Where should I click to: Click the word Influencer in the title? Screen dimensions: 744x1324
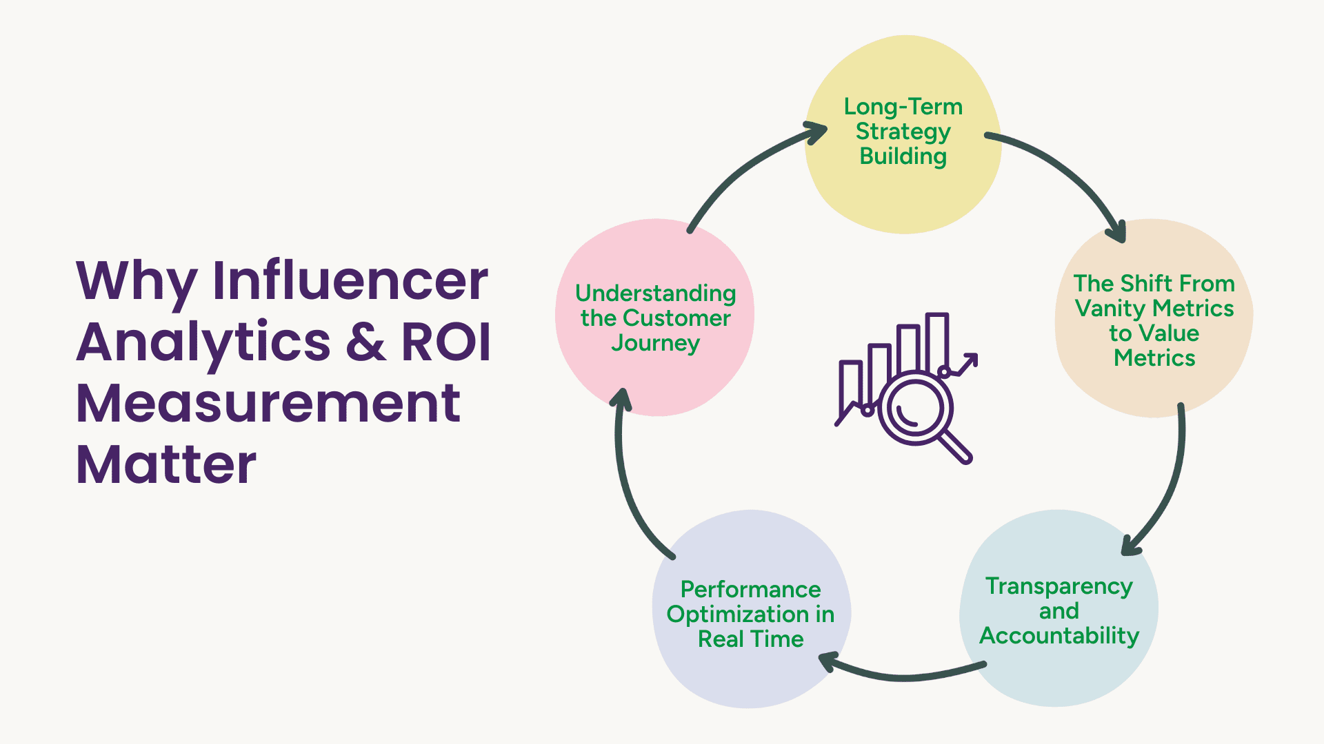tap(350, 281)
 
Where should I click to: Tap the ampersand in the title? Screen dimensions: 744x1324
tap(365, 342)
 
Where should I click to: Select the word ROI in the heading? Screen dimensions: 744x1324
tap(446, 342)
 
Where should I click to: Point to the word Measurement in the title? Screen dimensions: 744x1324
tap(268, 404)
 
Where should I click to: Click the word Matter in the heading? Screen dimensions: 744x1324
tap(166, 465)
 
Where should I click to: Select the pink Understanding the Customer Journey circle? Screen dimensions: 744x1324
tap(655, 379)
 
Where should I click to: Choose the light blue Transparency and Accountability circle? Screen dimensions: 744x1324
tap(1059, 672)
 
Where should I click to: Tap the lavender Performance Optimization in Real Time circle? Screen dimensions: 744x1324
tap(751, 675)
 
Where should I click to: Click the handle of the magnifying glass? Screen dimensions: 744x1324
tap(956, 447)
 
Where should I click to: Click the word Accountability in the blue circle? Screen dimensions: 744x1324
tap(1059, 635)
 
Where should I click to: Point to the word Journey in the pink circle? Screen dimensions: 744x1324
tap(655, 342)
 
